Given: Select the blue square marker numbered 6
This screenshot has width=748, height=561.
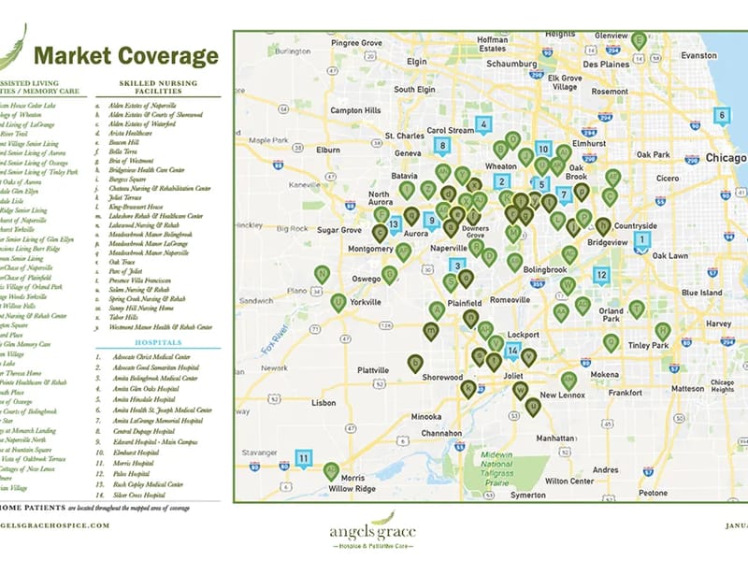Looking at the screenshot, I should pos(721,115).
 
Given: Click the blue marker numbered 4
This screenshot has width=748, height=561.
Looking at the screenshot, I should pos(483,124).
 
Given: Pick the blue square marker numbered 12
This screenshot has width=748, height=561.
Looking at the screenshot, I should pos(601,274).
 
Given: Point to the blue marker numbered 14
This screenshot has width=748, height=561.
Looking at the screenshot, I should pos(511,352).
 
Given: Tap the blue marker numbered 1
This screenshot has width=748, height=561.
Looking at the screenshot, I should pos(642,239).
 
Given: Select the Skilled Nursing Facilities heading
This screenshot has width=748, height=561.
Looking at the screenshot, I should pos(159,88).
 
